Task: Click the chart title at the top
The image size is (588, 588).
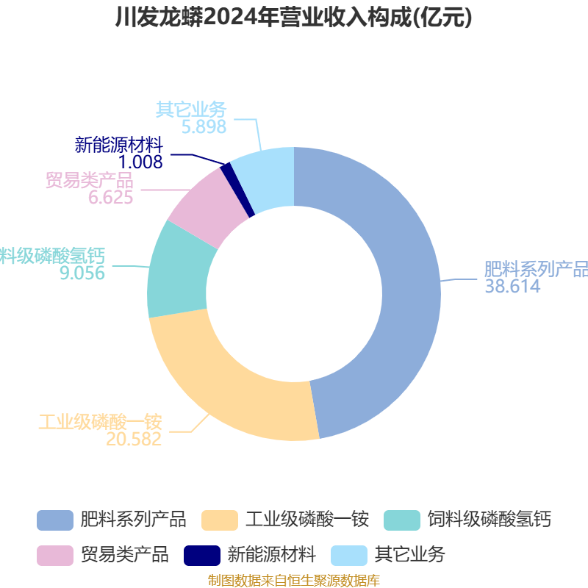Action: point(293,17)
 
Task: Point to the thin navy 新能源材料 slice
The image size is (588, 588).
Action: point(237,190)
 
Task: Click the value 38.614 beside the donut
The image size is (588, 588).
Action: point(512,287)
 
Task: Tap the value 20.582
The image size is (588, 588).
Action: point(134,439)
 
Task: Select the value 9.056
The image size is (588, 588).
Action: point(82,273)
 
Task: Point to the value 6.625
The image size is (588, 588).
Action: point(111,197)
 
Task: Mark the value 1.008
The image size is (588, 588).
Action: point(140,162)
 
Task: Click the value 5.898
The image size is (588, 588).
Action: point(204,126)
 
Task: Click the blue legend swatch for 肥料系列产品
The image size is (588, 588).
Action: point(55,520)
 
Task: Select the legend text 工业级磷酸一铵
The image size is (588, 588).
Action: point(307,520)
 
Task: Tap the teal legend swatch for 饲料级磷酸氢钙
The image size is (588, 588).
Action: point(402,520)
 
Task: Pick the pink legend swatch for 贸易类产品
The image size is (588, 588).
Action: point(55,556)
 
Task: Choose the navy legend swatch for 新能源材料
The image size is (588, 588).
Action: point(202,556)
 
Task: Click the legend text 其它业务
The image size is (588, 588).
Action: point(410,555)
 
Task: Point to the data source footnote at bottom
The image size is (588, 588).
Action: point(294,581)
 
